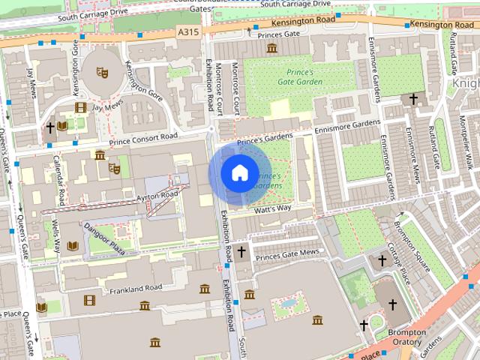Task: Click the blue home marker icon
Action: [x=239, y=172]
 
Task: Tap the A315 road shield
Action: [x=187, y=31]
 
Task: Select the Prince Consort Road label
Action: [x=143, y=137]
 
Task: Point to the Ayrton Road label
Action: [x=157, y=196]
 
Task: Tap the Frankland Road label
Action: [x=136, y=289]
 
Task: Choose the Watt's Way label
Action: [x=272, y=208]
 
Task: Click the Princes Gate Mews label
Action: [x=287, y=253]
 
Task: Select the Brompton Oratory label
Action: [x=407, y=337]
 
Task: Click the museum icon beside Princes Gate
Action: [x=271, y=49]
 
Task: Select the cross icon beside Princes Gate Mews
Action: [x=241, y=253]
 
